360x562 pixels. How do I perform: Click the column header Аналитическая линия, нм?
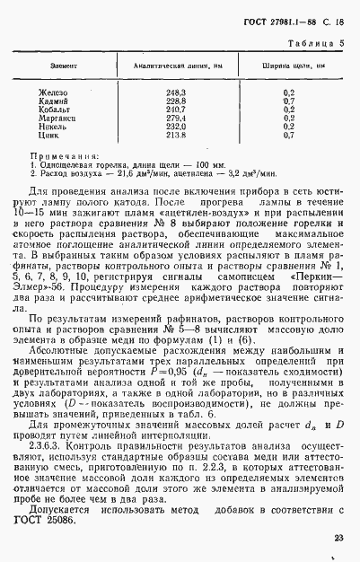click(176, 66)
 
